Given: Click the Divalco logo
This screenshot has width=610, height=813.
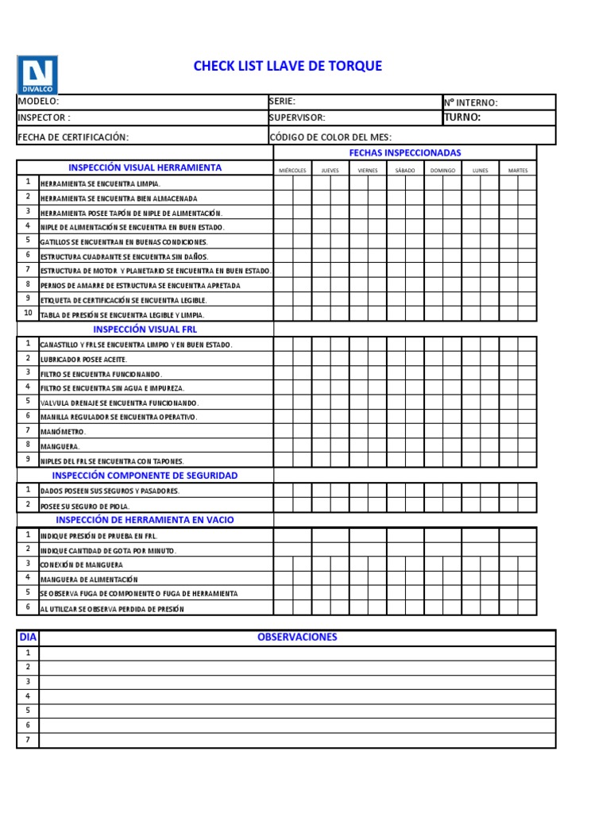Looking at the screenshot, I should [37, 75].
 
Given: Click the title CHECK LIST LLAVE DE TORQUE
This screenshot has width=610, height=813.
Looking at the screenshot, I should [288, 66].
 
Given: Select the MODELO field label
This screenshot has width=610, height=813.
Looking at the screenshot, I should [38, 102].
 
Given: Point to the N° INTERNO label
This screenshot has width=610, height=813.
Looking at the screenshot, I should [471, 102].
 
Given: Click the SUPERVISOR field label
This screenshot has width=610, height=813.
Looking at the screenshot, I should [297, 118].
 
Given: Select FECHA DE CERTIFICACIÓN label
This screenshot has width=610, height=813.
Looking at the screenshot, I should [73, 137].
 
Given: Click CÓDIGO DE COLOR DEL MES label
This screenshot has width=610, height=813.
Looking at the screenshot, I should [330, 137].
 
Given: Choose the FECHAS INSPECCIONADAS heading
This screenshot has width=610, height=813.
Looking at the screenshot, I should [405, 152].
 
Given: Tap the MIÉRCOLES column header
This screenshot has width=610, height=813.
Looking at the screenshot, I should [292, 171].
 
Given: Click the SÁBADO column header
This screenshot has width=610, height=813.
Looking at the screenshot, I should [405, 171].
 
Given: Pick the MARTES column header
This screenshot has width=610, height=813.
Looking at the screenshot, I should [518, 171].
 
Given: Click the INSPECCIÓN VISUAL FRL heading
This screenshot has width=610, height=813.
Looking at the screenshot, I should [145, 329].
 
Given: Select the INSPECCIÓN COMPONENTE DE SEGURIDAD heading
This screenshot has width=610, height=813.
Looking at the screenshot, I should [145, 476].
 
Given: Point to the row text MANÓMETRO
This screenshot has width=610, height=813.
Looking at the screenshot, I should [63, 432].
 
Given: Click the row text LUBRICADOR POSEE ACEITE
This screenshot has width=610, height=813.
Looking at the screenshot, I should [83, 360].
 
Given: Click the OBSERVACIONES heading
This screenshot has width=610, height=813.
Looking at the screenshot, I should [297, 638].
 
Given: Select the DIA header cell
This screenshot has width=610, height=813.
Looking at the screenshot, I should [28, 638].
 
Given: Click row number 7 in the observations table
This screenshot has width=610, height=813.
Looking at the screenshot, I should [28, 740].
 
